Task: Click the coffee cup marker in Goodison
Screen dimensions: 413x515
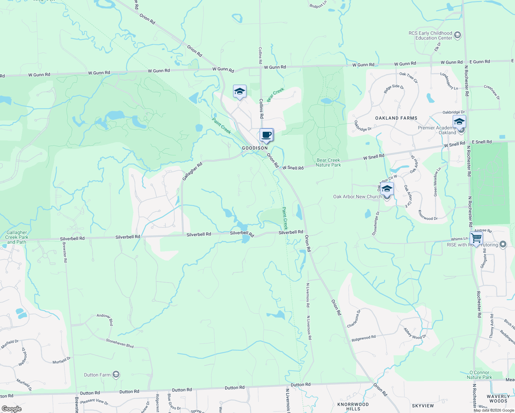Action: (266, 135)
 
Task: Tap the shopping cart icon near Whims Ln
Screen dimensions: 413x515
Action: (476, 238)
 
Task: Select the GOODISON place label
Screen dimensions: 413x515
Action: (255, 148)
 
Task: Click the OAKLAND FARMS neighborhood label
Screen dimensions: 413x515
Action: (396, 118)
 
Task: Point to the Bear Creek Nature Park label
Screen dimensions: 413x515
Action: (328, 162)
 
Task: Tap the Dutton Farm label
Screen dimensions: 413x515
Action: (97, 375)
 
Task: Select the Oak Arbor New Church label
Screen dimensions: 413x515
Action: (357, 197)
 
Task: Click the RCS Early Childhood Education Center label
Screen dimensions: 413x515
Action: (430, 35)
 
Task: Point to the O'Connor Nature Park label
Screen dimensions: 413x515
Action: (479, 375)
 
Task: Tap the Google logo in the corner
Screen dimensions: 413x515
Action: (11, 409)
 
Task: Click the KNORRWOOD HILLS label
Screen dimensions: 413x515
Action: (353, 406)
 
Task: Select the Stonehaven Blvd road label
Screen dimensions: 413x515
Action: (119, 343)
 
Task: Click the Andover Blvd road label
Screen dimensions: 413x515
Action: (105, 319)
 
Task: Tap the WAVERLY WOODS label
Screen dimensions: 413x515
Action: (498, 399)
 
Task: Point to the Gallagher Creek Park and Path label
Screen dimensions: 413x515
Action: (17, 237)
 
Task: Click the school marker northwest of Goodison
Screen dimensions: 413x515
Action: (240, 92)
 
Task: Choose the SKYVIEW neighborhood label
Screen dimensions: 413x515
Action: (423, 406)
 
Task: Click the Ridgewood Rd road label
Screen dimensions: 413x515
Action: (364, 338)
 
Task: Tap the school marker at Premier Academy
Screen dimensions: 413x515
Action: (459, 122)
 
